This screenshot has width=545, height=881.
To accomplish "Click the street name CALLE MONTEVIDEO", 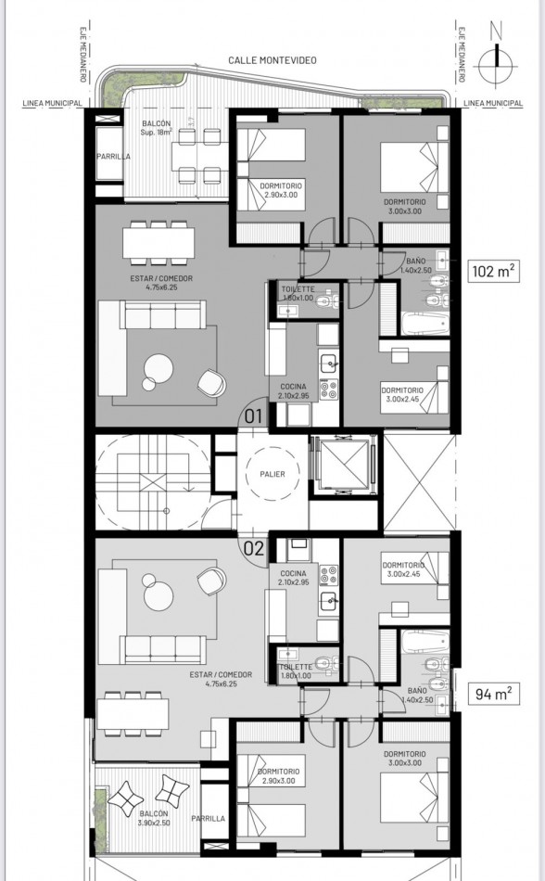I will point(272,59).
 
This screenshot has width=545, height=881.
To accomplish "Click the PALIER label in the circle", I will point(272,474).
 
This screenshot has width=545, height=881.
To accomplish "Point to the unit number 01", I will point(253,415).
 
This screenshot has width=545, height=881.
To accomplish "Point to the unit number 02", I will point(253,547).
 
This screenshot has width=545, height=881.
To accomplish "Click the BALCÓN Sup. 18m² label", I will point(156,129).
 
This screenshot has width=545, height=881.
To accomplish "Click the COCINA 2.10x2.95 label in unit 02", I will point(295,578).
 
